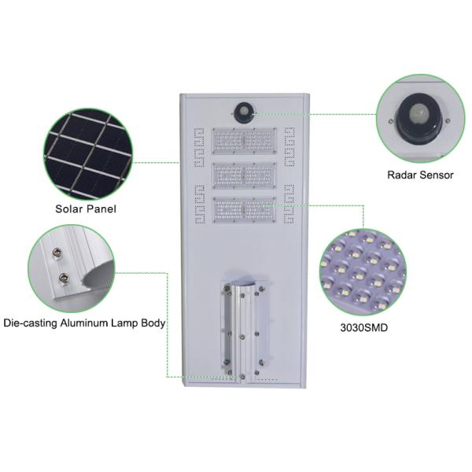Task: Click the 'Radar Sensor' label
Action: (420, 175)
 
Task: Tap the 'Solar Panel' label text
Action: (86, 209)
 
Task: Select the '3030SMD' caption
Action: (364, 327)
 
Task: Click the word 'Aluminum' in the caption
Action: (84, 323)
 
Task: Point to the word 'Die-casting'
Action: (30, 323)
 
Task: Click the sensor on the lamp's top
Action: (244, 112)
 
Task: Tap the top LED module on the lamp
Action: (244, 141)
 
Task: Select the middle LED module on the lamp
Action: (244, 175)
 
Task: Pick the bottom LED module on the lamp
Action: (244, 210)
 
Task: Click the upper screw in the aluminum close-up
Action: (57, 252)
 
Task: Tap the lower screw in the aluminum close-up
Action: (64, 277)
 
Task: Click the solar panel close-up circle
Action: (88, 154)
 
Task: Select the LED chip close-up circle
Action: (363, 272)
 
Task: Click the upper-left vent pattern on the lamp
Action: (199, 147)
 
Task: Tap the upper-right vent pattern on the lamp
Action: (289, 146)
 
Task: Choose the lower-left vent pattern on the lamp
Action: (200, 205)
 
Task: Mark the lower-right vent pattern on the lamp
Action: (289, 204)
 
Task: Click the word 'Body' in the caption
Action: (153, 323)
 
